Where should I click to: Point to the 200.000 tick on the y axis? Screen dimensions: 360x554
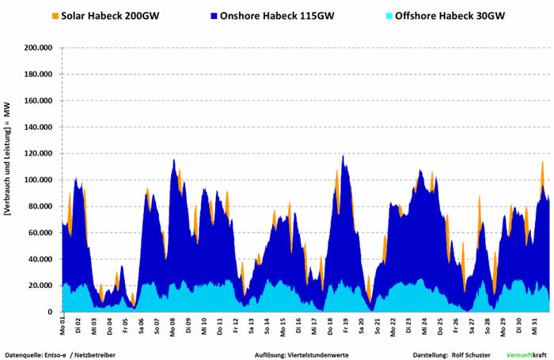pos(38,47)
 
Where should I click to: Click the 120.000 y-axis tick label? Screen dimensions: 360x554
pos(38,153)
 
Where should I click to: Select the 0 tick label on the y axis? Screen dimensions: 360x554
pos(51,312)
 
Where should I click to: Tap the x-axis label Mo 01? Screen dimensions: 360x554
pos(63,326)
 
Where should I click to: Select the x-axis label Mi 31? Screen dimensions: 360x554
pos(535,326)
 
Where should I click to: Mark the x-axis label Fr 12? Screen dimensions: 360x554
pos(236,326)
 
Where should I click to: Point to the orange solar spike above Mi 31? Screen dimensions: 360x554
pos(542,164)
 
